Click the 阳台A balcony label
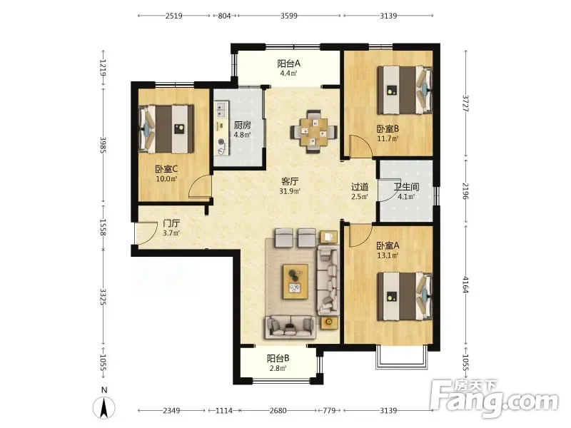289,63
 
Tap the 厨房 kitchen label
242,126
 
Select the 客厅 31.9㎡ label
290,185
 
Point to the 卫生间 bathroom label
406,187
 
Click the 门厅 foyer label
171,223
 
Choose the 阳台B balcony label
278,359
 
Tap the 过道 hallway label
360,187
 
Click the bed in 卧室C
166,129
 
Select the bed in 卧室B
405,90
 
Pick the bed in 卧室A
405,296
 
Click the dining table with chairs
313,131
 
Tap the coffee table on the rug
295,282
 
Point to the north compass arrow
104,407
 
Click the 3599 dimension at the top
289,16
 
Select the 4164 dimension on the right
466,285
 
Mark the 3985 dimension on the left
103,145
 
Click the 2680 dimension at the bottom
278,411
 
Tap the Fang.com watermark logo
494,399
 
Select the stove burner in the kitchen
221,142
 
